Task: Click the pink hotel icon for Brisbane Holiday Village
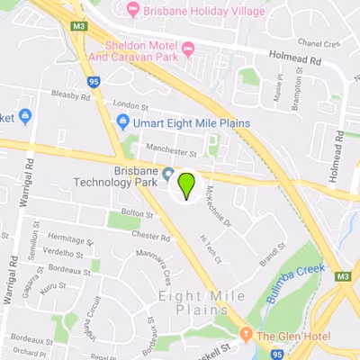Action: pyautogui.click(x=134, y=11)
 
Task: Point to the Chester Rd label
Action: pyautogui.click(x=150, y=235)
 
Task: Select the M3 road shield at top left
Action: pyautogui.click(x=79, y=28)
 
